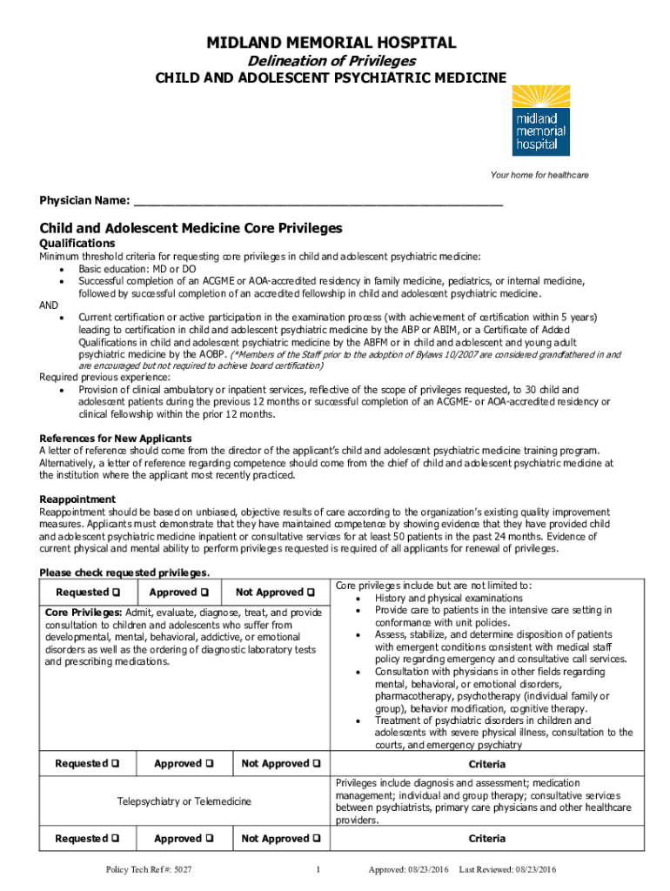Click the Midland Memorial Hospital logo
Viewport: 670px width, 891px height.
coord(540,122)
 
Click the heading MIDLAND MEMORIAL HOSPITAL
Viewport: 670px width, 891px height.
coord(331,43)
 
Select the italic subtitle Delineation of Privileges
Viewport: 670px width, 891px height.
coord(332,61)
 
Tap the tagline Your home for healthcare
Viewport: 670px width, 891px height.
coord(539,176)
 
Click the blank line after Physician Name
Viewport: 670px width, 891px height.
coord(318,201)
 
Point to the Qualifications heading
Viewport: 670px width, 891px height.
coord(77,244)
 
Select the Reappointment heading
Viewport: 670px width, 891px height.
coord(77,499)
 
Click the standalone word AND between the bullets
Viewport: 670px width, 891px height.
coord(50,305)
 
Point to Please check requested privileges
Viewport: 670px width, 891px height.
coord(124,573)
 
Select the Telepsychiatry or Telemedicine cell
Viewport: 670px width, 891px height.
coord(184,801)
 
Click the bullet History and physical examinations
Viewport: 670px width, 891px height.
coord(448,599)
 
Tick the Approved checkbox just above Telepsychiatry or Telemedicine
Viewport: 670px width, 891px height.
coord(210,764)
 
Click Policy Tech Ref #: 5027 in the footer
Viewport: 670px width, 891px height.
coord(148,870)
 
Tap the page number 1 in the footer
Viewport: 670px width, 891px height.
coord(319,870)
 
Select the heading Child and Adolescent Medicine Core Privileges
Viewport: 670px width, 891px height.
coord(191,228)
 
